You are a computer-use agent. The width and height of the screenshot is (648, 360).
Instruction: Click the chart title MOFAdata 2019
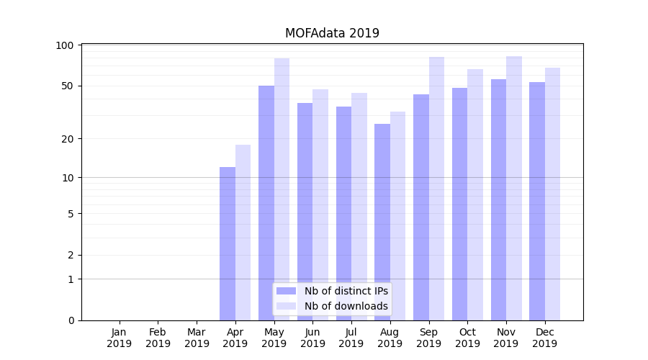click(x=332, y=33)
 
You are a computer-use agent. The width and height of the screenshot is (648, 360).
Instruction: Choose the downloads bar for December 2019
click(x=552, y=194)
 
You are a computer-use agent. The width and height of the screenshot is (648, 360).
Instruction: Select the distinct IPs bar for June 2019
click(x=305, y=212)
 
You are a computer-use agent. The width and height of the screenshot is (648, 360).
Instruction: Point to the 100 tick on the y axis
click(x=65, y=45)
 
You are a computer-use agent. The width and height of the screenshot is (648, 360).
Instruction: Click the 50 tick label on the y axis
click(x=68, y=86)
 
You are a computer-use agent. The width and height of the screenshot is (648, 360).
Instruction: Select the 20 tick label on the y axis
click(x=68, y=138)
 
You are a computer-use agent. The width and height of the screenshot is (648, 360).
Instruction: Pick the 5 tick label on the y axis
click(x=71, y=214)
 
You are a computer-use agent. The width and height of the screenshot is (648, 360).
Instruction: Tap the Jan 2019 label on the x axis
click(x=120, y=338)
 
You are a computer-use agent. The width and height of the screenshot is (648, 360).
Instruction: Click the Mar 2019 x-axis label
click(x=197, y=338)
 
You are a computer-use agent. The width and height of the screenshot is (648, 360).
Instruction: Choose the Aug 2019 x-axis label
click(x=390, y=338)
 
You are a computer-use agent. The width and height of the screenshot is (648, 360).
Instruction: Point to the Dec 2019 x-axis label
click(x=544, y=338)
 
